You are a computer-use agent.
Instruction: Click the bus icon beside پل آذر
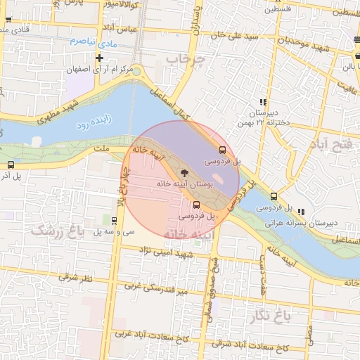(10, 164)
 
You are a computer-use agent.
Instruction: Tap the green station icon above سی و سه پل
(115, 220)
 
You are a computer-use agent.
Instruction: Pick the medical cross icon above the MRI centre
(99, 58)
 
